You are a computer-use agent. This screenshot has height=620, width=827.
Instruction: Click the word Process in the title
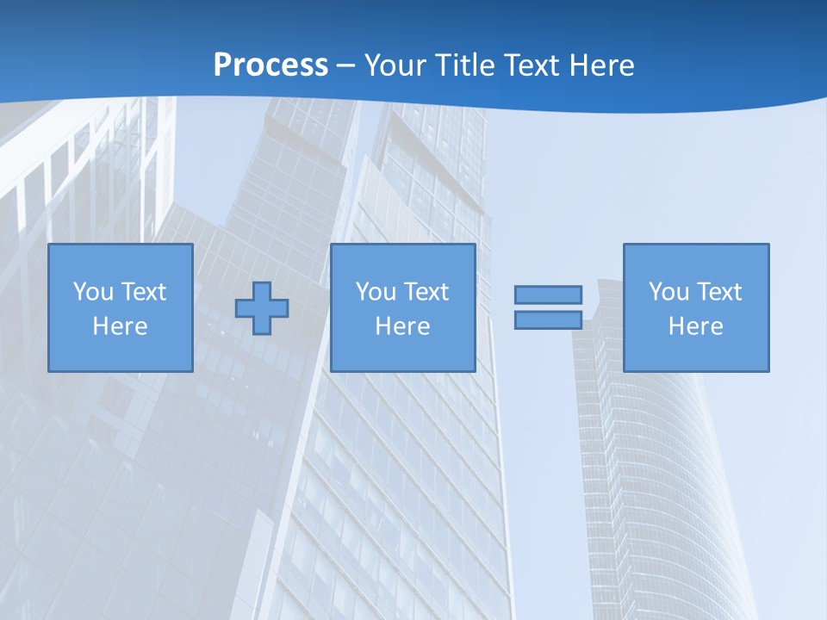click(x=270, y=65)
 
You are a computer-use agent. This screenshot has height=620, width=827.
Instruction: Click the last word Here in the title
click(x=603, y=65)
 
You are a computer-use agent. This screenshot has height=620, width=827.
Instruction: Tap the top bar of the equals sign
click(x=548, y=294)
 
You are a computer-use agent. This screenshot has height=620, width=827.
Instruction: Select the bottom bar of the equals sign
click(x=548, y=319)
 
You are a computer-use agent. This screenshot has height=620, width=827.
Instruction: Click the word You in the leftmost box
click(x=94, y=292)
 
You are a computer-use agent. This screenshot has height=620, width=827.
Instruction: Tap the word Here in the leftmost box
click(x=121, y=326)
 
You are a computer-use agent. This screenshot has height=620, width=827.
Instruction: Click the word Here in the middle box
click(x=403, y=326)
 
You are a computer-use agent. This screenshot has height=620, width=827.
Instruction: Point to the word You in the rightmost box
click(x=669, y=292)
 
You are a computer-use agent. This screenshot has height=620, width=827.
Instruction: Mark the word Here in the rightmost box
click(x=696, y=326)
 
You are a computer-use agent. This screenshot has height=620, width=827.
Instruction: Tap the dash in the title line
click(x=346, y=66)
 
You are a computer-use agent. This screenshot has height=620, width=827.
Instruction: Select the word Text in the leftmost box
click(x=143, y=292)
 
